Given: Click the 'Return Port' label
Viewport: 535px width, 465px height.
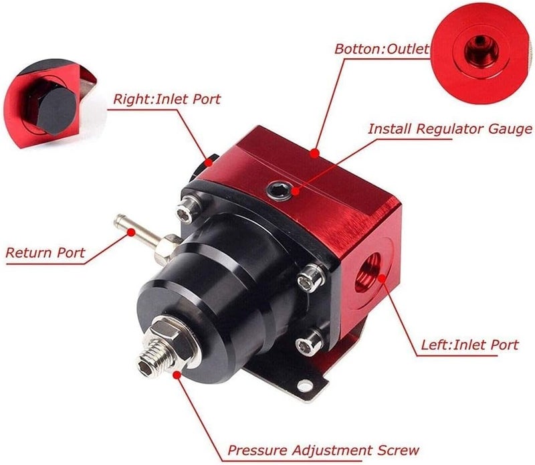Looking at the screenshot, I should tap(45, 253).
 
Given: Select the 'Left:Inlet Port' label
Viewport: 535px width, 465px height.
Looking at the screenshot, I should tap(469, 345).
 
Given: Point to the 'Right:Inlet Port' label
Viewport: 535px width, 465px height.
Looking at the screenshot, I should tap(167, 100).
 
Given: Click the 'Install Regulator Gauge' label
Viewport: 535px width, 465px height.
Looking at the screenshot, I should tap(450, 128).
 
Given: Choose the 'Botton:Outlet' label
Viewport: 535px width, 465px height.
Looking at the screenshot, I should tap(381, 49).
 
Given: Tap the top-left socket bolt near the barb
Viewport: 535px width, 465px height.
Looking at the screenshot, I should tap(185, 211).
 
